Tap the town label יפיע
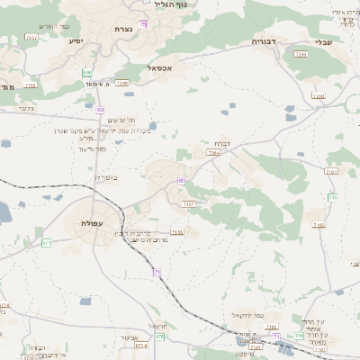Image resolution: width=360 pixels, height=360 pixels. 74,40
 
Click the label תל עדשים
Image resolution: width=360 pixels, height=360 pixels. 121,120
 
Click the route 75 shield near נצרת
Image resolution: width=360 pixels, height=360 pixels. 143,24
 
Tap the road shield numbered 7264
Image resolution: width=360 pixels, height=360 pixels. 213,154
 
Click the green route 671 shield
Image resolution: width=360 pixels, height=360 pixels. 47,242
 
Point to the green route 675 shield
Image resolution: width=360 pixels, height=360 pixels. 161,336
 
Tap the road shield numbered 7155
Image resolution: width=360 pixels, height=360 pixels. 177,232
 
